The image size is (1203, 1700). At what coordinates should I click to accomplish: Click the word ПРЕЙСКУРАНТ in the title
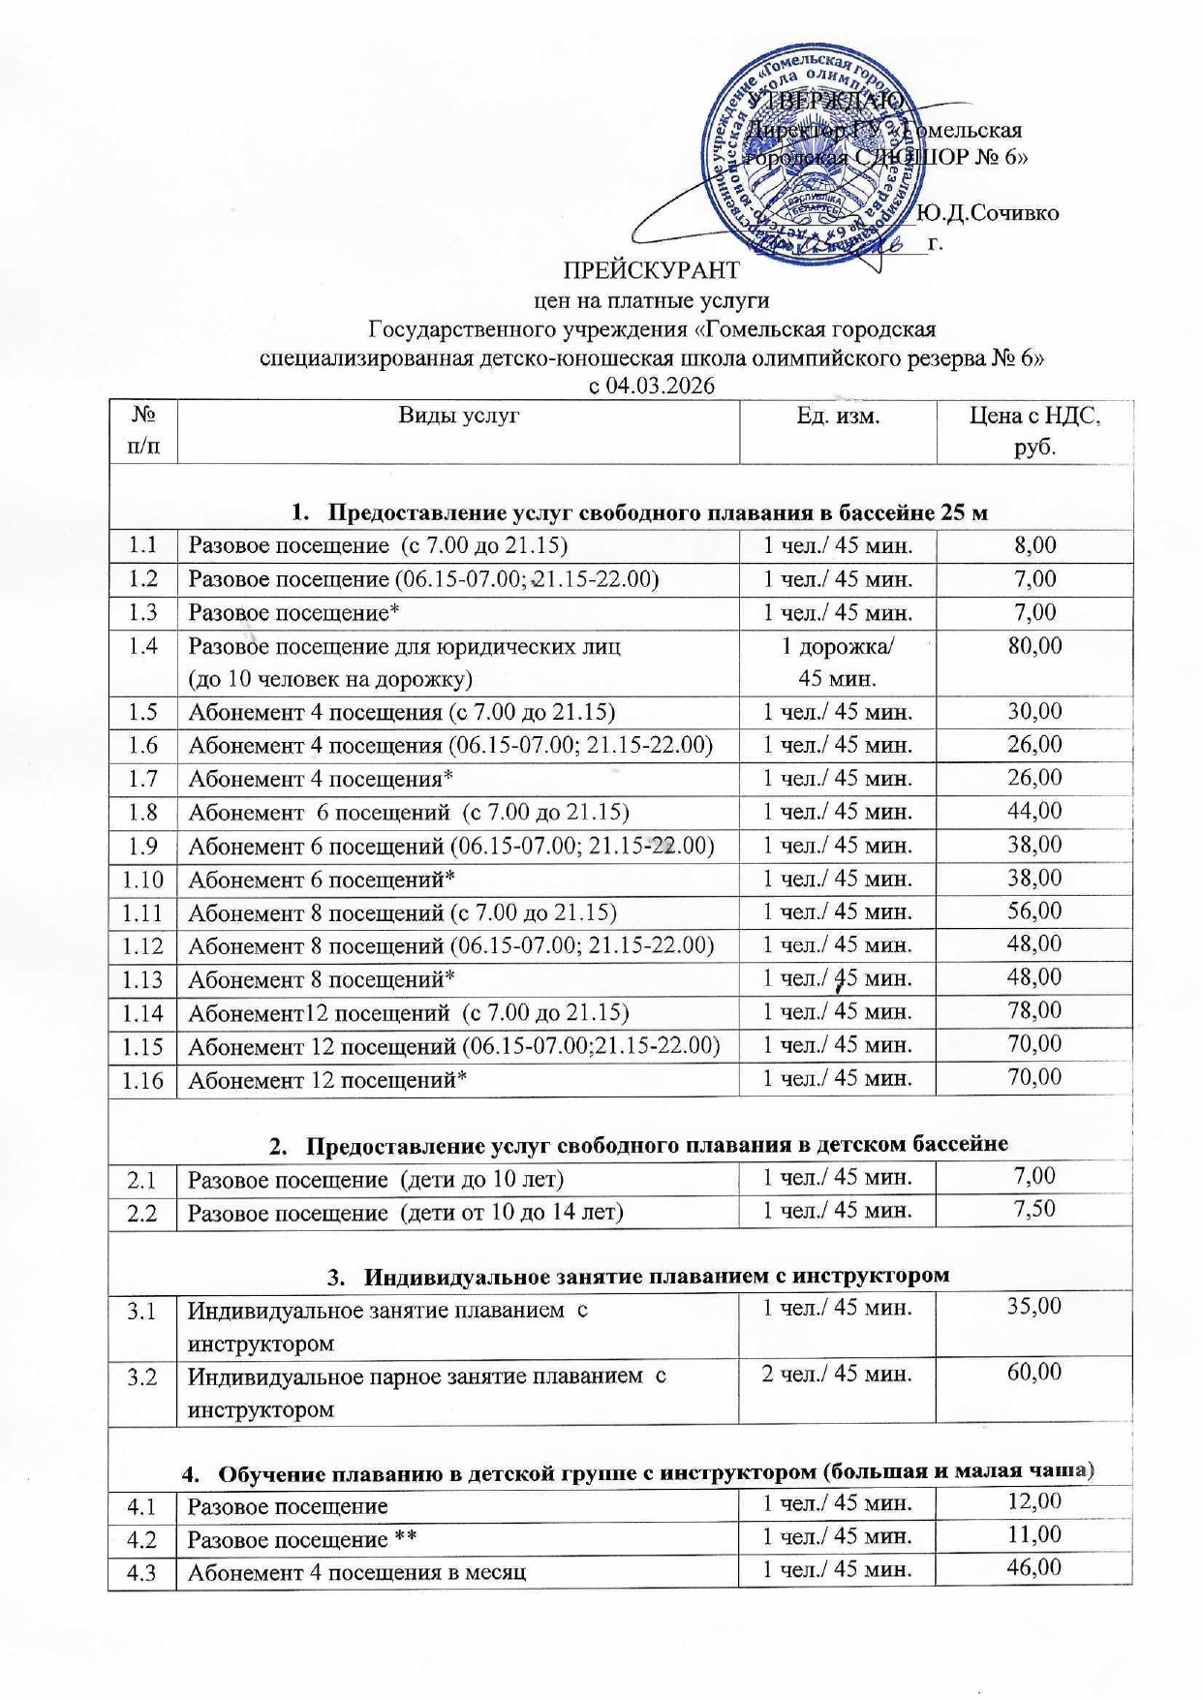pyautogui.click(x=652, y=269)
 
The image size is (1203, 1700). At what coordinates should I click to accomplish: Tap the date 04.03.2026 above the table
pyautogui.click(x=662, y=386)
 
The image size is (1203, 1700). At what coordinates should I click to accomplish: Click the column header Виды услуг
pyautogui.click(x=459, y=416)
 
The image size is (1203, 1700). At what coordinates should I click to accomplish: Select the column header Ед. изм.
pyautogui.click(x=839, y=416)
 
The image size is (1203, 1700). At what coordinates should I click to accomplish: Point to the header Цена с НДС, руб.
pyautogui.click(x=1034, y=431)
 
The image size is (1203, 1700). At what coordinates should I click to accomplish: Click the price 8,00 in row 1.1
pyautogui.click(x=1034, y=545)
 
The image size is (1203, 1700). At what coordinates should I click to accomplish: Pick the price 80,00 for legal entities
pyautogui.click(x=1034, y=646)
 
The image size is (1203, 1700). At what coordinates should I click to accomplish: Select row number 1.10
pyautogui.click(x=142, y=880)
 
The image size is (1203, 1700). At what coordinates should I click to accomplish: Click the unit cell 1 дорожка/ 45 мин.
pyautogui.click(x=838, y=662)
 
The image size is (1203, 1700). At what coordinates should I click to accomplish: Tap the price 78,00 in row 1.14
pyautogui.click(x=1034, y=1010)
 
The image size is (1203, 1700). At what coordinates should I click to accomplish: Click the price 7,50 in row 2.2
pyautogui.click(x=1034, y=1209)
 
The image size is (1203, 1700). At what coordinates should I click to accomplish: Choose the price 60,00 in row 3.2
pyautogui.click(x=1034, y=1372)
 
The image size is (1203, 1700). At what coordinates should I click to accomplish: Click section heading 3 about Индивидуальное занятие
pyautogui.click(x=639, y=1275)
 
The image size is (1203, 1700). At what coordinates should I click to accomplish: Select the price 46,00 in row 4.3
pyautogui.click(x=1034, y=1567)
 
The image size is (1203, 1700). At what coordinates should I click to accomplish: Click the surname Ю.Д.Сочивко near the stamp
pyautogui.click(x=987, y=213)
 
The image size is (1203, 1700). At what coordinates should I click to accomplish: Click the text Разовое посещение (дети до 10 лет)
pyautogui.click(x=376, y=1179)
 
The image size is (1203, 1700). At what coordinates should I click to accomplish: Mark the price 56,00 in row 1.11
pyautogui.click(x=1034, y=911)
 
